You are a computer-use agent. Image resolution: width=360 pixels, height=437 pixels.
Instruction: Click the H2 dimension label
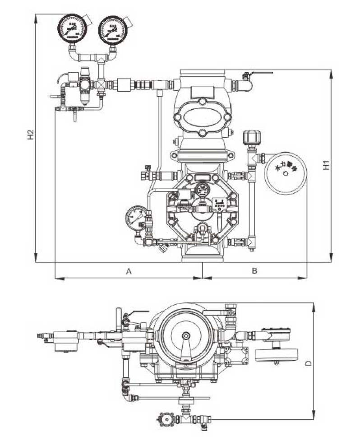click(30, 135)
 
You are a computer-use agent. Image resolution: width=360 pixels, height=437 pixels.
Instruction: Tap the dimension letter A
click(129, 271)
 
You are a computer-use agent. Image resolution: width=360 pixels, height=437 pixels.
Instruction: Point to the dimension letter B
click(254, 271)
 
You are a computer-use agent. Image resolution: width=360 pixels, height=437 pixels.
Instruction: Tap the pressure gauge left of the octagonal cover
click(137, 218)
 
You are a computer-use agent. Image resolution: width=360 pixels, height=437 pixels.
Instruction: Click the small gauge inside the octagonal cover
click(201, 190)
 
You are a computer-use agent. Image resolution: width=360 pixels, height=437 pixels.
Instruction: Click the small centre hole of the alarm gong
click(285, 173)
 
